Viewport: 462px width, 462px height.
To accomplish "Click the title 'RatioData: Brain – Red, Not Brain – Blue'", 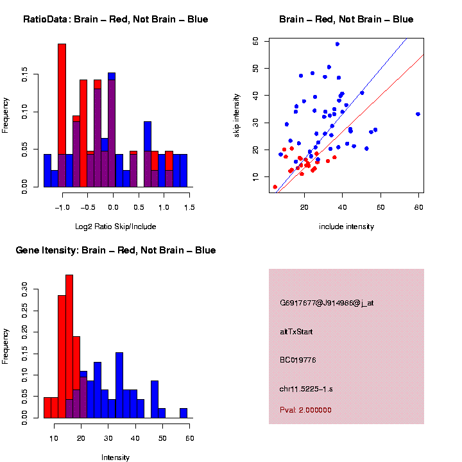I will point(116,19).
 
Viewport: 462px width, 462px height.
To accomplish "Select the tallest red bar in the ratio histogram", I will point(62,116).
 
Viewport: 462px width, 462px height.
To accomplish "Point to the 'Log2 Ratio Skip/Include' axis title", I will point(116,226).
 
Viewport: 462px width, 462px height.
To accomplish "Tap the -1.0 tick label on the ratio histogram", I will point(62,207).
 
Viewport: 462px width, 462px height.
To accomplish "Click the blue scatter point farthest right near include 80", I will point(418,114).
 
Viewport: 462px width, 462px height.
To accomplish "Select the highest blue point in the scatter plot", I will point(338,44).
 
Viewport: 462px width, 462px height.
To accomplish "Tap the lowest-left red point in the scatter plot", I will point(275,187).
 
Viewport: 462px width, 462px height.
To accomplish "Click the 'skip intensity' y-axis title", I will point(237,114).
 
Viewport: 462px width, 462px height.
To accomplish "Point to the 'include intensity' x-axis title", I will point(346,227).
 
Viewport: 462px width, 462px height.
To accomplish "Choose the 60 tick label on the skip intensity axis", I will point(255,40).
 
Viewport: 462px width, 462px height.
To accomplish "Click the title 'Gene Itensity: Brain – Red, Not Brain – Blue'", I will point(116,250).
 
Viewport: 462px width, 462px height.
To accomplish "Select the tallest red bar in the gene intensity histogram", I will point(69,346).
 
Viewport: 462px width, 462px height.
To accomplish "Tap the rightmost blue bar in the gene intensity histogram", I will point(184,413).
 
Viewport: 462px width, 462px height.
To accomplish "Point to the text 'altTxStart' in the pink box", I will point(296,332).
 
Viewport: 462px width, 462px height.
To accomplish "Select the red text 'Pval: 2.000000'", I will point(305,409).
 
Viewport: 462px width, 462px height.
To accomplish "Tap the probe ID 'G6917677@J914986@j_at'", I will point(327,303).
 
